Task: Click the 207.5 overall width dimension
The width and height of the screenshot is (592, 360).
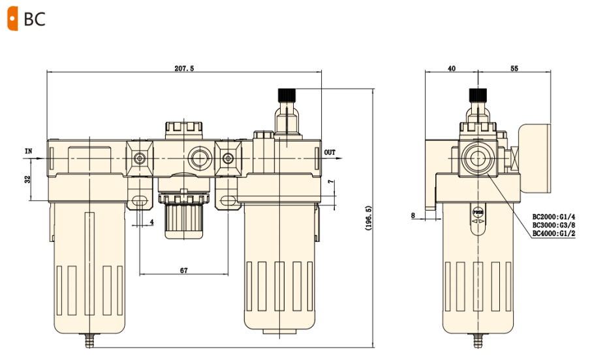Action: click(184, 68)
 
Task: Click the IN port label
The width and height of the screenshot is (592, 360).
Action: click(28, 151)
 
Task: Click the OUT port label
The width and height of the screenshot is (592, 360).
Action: click(330, 153)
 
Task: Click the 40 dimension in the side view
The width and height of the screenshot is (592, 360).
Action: click(452, 68)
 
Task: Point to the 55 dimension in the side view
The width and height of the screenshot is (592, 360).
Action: click(514, 68)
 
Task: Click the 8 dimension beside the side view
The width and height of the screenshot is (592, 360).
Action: click(413, 214)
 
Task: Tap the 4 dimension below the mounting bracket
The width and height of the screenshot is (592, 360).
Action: click(151, 222)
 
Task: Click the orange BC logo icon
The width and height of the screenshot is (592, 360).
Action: click(12, 19)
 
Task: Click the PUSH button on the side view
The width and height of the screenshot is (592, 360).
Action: click(478, 213)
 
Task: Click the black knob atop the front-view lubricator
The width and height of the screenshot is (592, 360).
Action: click(286, 95)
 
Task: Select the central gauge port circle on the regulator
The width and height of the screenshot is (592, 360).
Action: click(197, 158)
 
